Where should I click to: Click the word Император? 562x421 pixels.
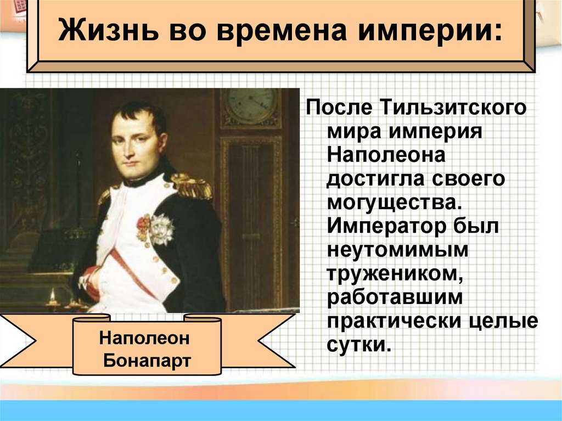[385, 227]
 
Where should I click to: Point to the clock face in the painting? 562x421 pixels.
[250, 103]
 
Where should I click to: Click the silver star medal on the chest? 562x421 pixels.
[161, 228]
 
